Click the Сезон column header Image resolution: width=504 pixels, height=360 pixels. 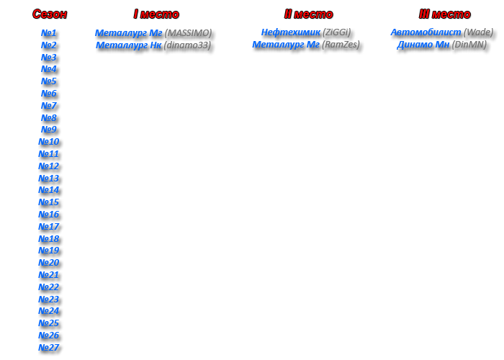50,14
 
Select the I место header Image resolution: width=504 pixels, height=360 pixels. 156,14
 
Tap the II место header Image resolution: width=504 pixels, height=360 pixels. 309,14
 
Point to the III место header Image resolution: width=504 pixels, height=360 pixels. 444,14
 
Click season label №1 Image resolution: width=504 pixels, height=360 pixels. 48,33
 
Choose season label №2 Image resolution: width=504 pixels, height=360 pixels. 48,45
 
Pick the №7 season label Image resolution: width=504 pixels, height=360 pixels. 48,105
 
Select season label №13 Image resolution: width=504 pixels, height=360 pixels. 48,178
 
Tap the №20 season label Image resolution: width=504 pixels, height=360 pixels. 48,263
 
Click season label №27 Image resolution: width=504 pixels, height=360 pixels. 48,348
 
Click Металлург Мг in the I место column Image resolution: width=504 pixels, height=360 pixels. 129,33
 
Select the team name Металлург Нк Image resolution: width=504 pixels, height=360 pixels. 129,45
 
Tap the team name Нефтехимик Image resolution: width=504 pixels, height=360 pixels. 291,32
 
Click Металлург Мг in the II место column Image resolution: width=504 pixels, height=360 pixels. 286,45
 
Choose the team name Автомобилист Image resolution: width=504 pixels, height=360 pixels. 426,32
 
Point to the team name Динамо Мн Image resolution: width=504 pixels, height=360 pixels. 423,45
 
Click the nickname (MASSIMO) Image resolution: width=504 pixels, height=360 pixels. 189,33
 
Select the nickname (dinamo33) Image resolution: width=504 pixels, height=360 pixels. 187,45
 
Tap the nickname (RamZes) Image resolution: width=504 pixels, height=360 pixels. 341,45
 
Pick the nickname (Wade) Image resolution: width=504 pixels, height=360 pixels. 478,32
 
